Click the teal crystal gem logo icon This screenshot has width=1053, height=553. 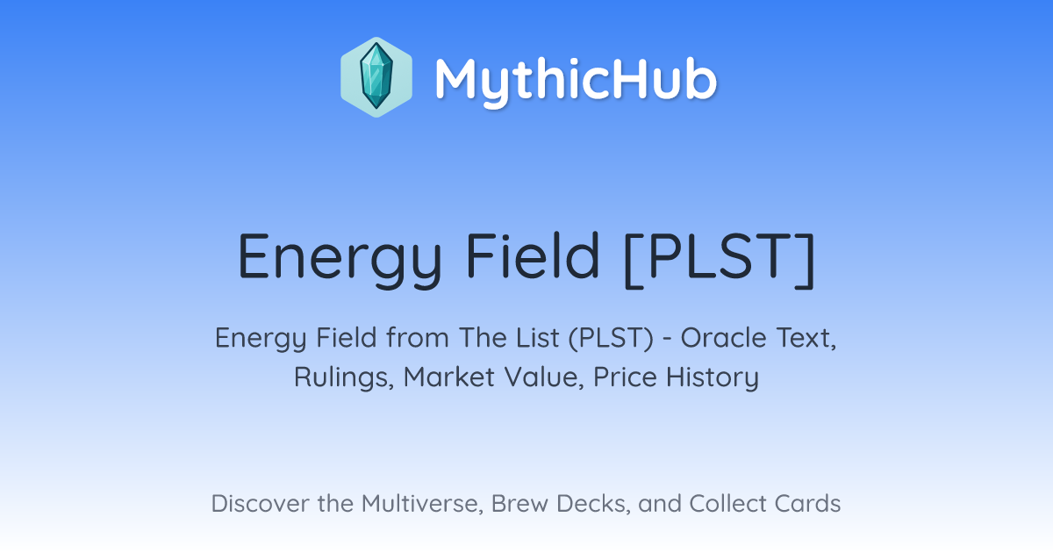(376, 77)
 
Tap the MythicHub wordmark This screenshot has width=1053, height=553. (576, 81)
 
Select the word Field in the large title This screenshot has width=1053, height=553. (533, 255)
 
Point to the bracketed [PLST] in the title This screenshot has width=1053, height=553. (720, 258)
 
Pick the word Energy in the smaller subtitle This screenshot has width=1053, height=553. (261, 340)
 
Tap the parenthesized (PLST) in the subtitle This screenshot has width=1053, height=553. (611, 339)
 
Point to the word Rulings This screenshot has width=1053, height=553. (344, 378)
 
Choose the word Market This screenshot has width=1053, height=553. (449, 377)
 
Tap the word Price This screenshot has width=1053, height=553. (625, 377)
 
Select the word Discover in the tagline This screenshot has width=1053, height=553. (261, 504)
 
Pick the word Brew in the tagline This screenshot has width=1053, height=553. (519, 504)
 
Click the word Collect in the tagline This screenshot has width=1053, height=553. (727, 504)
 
